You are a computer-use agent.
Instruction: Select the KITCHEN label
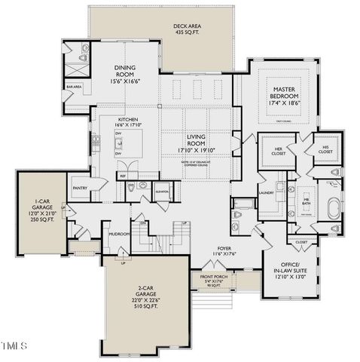point(127,122)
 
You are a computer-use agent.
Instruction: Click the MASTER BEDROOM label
point(287,94)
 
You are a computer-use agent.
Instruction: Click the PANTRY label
point(81,188)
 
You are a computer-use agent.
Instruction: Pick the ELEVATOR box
point(161,192)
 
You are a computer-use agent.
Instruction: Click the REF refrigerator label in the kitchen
point(122,176)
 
